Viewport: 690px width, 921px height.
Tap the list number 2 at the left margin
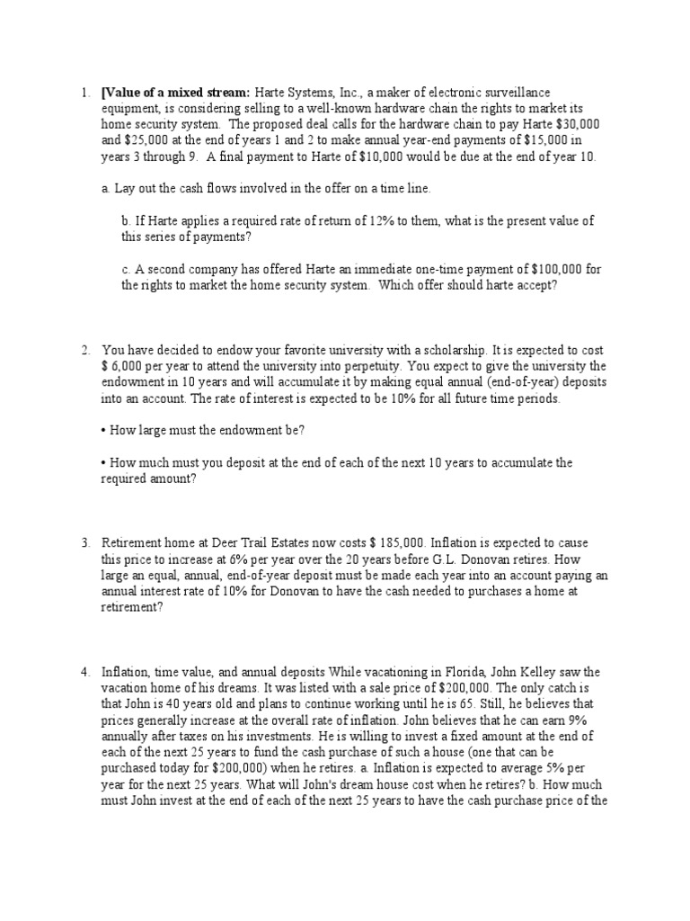click(84, 349)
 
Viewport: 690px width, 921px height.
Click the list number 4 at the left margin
click(84, 671)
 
